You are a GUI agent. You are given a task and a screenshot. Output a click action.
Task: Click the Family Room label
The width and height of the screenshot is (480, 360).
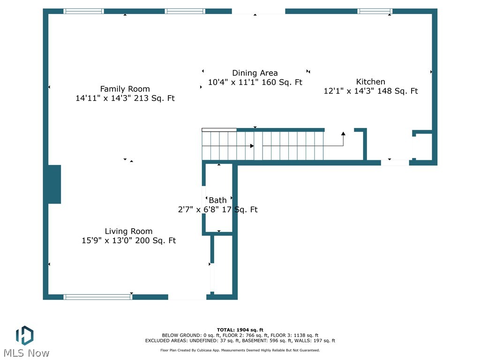click(125, 89)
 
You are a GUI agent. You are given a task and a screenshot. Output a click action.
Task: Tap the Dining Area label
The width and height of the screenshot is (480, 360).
click(255, 73)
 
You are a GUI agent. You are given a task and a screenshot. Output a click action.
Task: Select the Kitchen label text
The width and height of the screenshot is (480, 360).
click(370, 82)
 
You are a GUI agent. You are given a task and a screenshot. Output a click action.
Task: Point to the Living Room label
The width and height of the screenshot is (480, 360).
click(128, 231)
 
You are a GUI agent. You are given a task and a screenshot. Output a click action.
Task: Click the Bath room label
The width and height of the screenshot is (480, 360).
click(217, 200)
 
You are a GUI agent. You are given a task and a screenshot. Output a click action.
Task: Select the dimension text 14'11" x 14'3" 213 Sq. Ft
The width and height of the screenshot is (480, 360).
click(125, 98)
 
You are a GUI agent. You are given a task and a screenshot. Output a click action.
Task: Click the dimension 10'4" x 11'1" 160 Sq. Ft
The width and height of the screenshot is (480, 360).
click(255, 82)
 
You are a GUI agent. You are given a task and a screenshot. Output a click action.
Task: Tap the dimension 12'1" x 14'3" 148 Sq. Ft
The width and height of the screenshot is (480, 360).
click(370, 91)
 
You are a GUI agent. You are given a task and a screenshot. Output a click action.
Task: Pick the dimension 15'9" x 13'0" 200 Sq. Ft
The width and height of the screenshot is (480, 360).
click(128, 241)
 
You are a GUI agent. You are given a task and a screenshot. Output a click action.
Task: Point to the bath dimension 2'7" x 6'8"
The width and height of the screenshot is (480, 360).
click(217, 210)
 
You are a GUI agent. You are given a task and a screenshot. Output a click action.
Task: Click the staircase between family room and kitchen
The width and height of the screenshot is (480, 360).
click(262, 146)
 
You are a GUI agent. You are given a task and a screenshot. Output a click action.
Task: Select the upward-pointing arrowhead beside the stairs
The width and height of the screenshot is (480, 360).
click(343, 134)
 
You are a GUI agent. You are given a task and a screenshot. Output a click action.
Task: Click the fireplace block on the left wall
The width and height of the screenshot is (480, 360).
click(54, 184)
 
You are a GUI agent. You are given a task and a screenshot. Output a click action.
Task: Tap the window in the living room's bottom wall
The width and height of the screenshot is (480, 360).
click(98, 297)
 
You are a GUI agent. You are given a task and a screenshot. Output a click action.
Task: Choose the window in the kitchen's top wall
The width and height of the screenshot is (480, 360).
click(375, 11)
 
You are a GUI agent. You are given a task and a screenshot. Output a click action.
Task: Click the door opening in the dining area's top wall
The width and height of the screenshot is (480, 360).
click(258, 11)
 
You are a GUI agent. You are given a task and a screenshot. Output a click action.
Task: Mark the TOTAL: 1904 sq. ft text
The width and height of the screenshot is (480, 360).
click(240, 330)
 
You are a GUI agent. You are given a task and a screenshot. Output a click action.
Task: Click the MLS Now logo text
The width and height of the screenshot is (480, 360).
click(26, 353)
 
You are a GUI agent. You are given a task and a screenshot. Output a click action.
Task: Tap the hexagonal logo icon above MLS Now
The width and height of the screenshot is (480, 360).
click(24, 336)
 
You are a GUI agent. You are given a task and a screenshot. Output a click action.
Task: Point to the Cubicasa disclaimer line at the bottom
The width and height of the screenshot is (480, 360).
click(240, 350)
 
